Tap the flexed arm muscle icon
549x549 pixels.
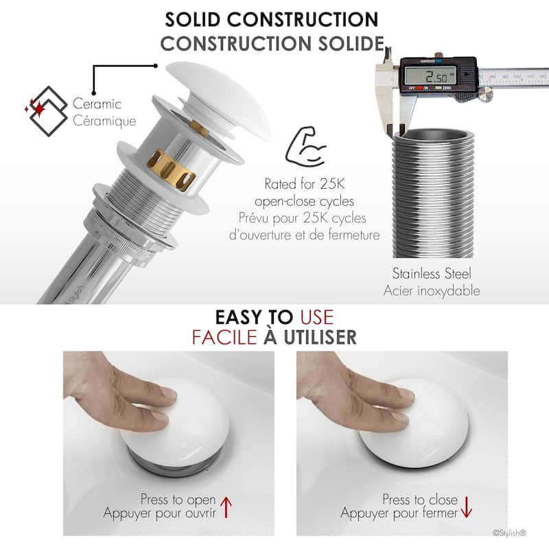tap(305, 147)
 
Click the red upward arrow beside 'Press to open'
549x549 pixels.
tap(226, 507)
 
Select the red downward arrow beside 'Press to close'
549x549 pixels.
tap(467, 507)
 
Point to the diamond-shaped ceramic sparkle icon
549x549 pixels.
tap(46, 111)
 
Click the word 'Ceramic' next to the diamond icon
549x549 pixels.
tap(97, 104)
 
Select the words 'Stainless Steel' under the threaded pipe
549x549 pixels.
tap(432, 273)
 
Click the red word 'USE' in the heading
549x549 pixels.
tap(317, 317)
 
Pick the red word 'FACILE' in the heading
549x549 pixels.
tap(224, 337)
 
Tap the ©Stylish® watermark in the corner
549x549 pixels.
tap(509, 533)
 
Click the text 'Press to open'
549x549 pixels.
tap(178, 500)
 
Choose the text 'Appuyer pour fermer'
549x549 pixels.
tap(399, 513)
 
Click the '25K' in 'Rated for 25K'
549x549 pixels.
tap(332, 184)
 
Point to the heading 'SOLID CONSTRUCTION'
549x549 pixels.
tap(272, 20)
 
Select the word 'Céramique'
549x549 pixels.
tap(104, 121)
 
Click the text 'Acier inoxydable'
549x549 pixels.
tap(432, 291)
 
